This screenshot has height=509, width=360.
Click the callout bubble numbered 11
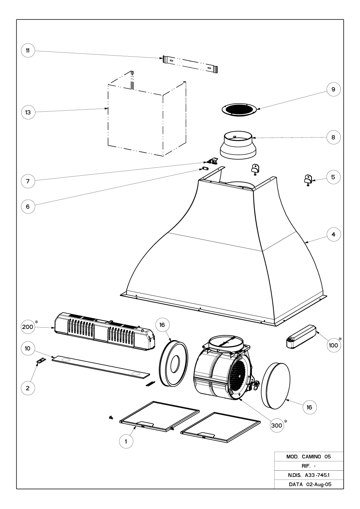pyautogui.click(x=28, y=50)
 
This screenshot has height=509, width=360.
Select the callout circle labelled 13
pyautogui.click(x=28, y=112)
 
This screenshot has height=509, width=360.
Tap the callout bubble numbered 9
pyautogui.click(x=333, y=89)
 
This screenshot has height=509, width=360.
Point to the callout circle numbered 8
pyautogui.click(x=333, y=137)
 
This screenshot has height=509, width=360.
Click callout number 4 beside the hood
pyautogui.click(x=333, y=234)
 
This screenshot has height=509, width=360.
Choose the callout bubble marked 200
pyautogui.click(x=28, y=327)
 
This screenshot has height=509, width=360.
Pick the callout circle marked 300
pyautogui.click(x=277, y=426)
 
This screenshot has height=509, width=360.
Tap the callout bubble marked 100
pyautogui.click(x=333, y=345)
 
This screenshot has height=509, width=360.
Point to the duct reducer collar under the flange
pyautogui.click(x=238, y=145)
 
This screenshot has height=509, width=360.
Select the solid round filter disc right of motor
pyautogui.click(x=276, y=382)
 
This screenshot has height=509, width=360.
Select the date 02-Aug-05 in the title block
pyautogui.click(x=319, y=484)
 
